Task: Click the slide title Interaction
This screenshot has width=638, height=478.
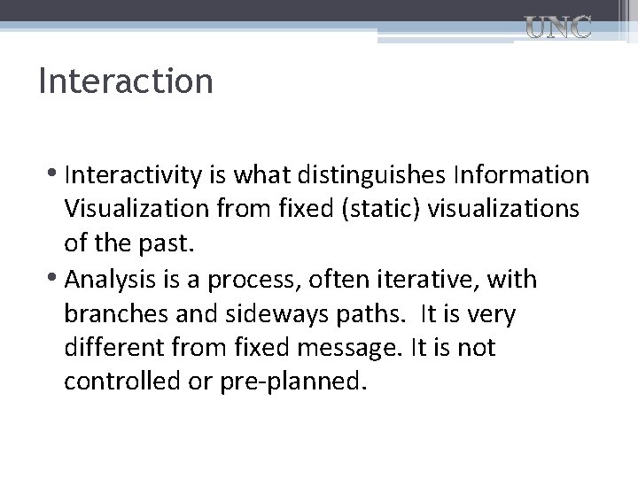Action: click(126, 81)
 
